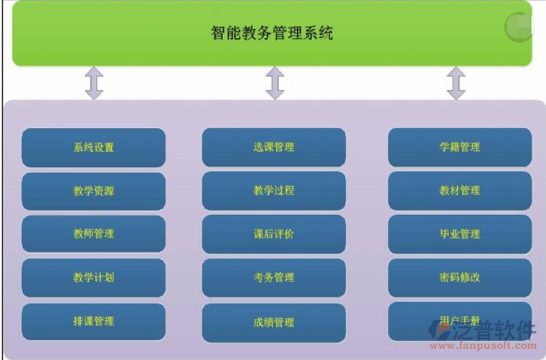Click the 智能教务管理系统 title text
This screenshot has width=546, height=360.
pos(272,35)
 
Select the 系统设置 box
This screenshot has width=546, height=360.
pos(94,147)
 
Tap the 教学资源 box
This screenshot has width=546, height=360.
pos(94,191)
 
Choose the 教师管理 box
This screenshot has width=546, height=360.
pos(94,235)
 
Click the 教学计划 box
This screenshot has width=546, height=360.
pos(94,278)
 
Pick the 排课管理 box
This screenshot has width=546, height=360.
pos(94,322)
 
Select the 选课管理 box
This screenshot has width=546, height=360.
pos(273,147)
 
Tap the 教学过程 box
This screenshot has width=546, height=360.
pos(273,191)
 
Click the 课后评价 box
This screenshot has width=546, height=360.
pos(273,235)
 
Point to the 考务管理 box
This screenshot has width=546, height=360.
pos(273,278)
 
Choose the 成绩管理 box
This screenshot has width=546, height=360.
pos(273,322)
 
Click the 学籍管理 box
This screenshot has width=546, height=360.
pos(459,147)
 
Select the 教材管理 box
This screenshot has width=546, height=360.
pos(459,191)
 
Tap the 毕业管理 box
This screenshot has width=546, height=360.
pos(459,235)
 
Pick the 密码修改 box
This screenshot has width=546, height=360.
pos(459,278)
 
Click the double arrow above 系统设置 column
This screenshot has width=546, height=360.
pos(94,83)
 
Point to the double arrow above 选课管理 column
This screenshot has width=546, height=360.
pos(275,83)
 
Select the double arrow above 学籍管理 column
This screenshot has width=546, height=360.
pos(456,83)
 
